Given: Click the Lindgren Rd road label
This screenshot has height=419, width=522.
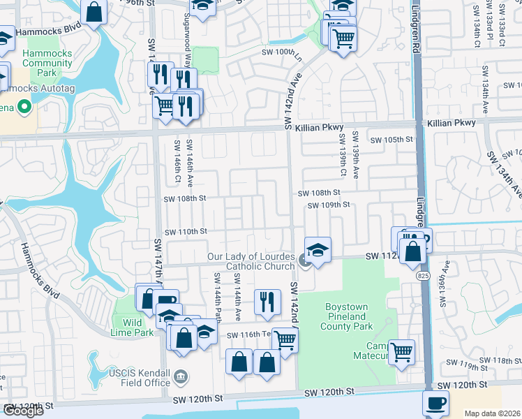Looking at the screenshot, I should pos(415,28).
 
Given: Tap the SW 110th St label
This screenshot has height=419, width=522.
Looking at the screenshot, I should pos(186,231).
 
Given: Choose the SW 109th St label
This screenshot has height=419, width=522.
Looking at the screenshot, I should pos(329,205).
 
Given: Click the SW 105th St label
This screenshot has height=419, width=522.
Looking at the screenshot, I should pos(391,140).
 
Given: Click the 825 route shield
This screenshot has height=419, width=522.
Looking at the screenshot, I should pos(424,277).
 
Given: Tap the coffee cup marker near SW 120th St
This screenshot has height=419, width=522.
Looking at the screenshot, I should pos(436,403).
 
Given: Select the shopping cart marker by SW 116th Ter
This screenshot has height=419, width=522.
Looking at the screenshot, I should pos(284,340).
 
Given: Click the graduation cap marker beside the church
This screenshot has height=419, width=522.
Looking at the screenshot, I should pos(317,249).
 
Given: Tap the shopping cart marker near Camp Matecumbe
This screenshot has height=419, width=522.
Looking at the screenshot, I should pos(401,352).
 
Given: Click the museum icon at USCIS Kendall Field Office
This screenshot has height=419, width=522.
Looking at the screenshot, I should pos(181,378).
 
